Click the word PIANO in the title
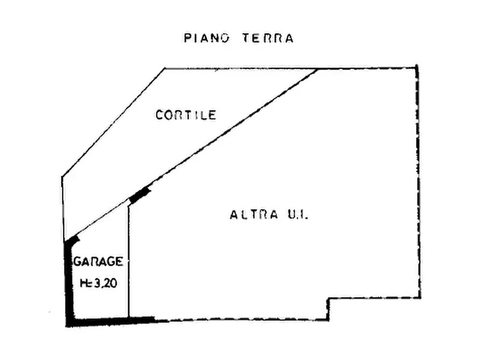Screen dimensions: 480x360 pyautogui.click(x=206, y=38)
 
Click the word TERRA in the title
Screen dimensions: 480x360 pyautogui.click(x=268, y=38)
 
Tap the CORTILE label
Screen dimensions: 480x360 pyautogui.click(x=186, y=115)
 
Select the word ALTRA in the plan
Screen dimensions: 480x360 pyautogui.click(x=254, y=214)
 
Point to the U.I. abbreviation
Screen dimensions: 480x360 pyautogui.click(x=298, y=214)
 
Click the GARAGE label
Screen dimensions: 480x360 pyautogui.click(x=98, y=262)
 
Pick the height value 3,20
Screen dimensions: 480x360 pyautogui.click(x=105, y=284)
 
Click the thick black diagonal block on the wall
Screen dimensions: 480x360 pyautogui.click(x=140, y=195)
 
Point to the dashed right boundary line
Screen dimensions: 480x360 pyautogui.click(x=419, y=181)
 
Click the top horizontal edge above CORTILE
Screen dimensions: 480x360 pyautogui.click(x=290, y=68)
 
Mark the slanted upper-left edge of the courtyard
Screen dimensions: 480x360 pyautogui.click(x=113, y=123)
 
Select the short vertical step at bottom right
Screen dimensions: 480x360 pyautogui.click(x=328, y=309)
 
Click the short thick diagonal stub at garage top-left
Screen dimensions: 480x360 pyautogui.click(x=73, y=240)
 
